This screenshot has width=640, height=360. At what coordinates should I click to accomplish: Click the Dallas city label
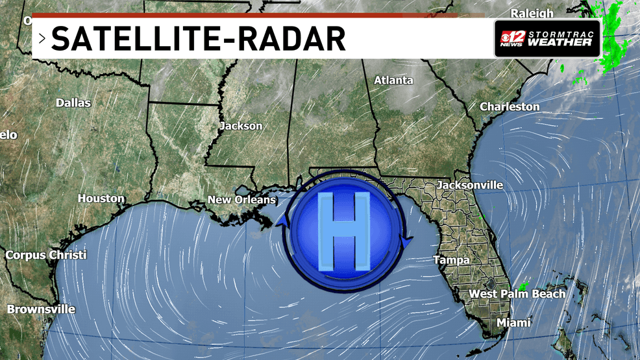(x=73, y=102)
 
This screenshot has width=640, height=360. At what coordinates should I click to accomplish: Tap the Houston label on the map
(x=101, y=198)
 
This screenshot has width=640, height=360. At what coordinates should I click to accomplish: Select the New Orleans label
(x=242, y=200)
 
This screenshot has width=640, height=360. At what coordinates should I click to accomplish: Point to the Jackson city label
(x=241, y=126)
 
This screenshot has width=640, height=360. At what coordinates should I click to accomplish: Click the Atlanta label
(x=393, y=80)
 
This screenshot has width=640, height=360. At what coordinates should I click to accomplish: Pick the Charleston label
(x=510, y=106)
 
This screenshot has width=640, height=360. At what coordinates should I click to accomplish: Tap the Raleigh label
(x=532, y=13)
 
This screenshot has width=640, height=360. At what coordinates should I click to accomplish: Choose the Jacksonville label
(x=470, y=185)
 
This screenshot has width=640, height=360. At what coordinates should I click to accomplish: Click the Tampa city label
(x=451, y=260)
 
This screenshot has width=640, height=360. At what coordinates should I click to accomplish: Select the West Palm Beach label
(x=517, y=294)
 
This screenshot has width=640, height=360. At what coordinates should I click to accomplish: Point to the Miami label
(x=513, y=322)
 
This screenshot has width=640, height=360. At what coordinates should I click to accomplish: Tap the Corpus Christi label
(x=46, y=255)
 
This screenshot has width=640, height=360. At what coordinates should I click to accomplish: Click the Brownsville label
(x=41, y=309)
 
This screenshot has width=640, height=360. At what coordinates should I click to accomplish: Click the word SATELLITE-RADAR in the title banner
(x=198, y=40)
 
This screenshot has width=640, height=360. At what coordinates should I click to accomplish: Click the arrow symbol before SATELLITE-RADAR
(x=42, y=39)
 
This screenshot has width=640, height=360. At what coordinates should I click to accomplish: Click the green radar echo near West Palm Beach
(x=523, y=285)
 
